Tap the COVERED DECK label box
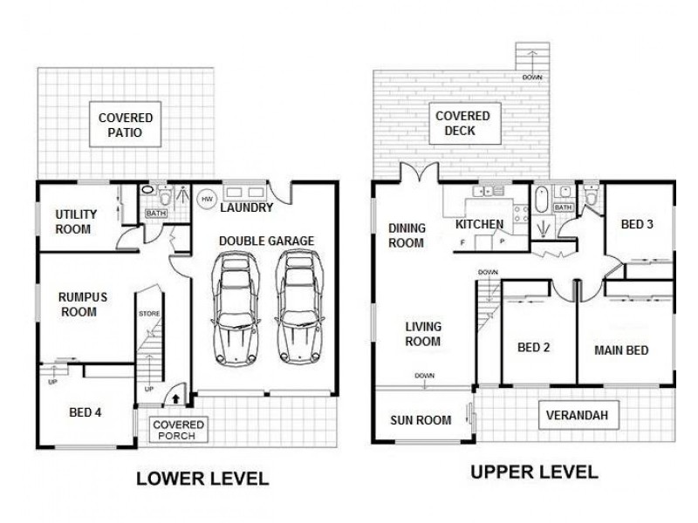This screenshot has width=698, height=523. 462,124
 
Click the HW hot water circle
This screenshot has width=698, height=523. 207,198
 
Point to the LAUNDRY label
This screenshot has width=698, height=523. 247,208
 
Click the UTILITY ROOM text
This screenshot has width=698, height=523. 76,221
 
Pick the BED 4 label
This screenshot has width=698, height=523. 86,412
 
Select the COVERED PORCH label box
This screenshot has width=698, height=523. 178,430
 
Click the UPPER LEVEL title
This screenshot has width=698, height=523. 533,472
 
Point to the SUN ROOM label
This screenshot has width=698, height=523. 421,420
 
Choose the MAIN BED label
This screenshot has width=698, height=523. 620,350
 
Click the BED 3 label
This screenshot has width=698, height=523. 635,224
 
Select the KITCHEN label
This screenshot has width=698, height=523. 480,225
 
